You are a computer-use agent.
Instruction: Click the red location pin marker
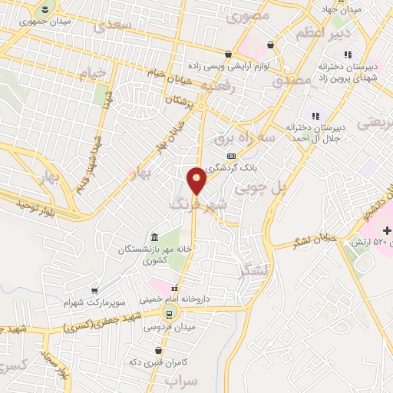pos(196,181)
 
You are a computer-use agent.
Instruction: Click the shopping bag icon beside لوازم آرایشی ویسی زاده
pos(269,45)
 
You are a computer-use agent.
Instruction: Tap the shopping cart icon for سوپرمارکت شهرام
pos(94,291)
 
